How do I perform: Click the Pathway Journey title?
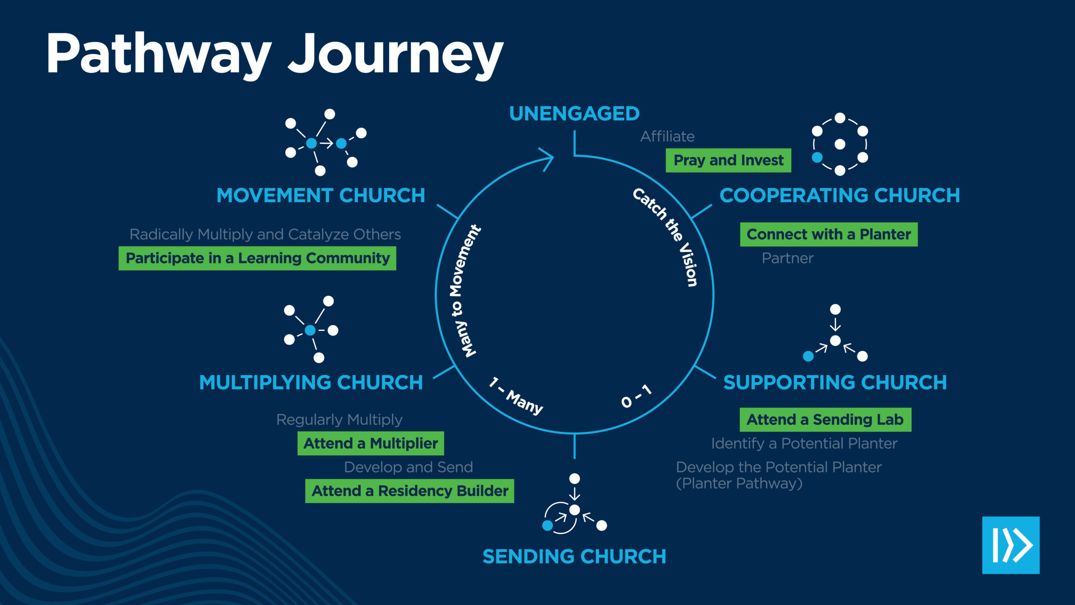(275, 55)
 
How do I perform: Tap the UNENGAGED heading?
(574, 113)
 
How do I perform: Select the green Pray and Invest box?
(728, 160)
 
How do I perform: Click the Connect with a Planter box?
(829, 234)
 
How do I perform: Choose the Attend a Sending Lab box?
(825, 419)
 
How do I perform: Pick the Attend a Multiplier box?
(370, 443)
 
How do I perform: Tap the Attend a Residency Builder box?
(409, 491)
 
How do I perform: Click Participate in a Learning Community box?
(257, 258)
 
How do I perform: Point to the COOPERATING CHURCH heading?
(840, 195)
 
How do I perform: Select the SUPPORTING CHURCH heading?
(835, 382)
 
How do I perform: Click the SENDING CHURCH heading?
(574, 556)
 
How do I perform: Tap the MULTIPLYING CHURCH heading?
(311, 382)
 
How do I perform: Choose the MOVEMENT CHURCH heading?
(321, 195)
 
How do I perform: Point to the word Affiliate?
(667, 137)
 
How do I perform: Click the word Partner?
(787, 258)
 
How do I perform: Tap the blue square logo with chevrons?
(1011, 545)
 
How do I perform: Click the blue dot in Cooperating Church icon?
(817, 158)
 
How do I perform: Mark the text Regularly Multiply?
(339, 419)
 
